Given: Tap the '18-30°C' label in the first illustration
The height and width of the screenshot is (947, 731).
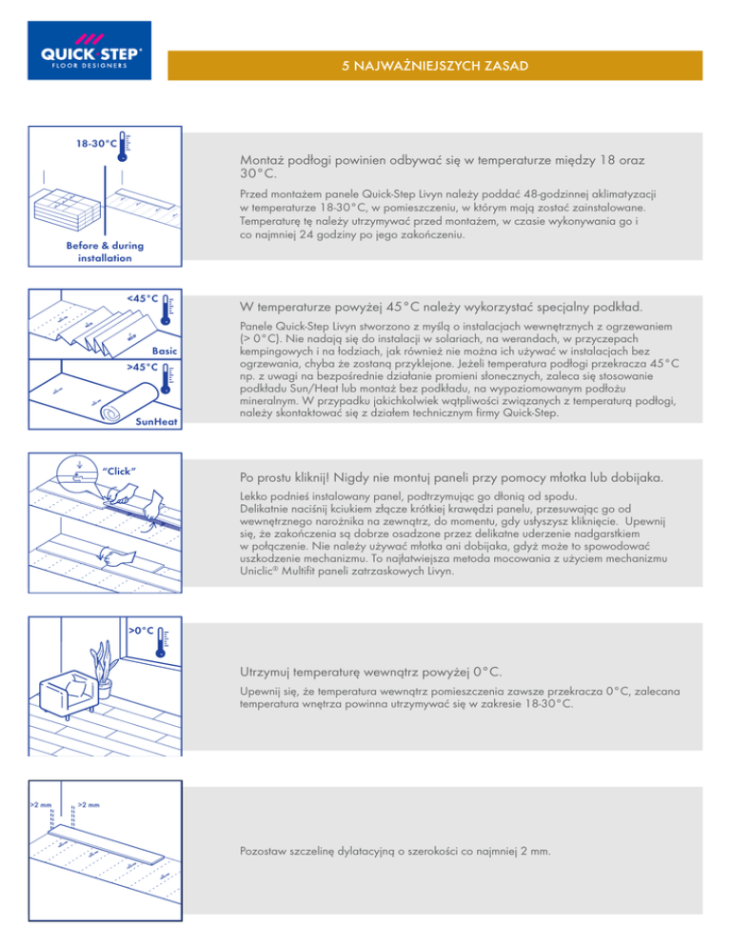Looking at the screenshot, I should tap(97, 144).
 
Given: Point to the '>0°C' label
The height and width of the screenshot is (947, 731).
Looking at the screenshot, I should tap(142, 631).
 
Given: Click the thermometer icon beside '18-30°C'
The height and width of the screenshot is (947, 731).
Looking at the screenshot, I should tap(125, 148).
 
